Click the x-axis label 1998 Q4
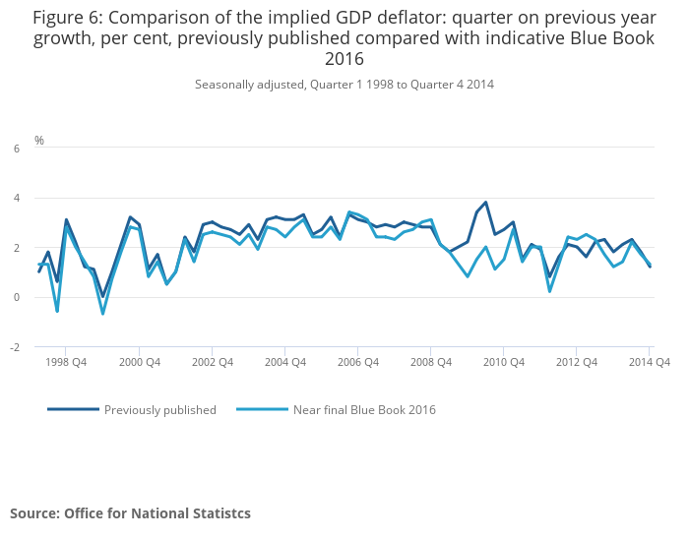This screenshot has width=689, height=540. [66, 362]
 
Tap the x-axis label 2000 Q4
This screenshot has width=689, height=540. [139, 362]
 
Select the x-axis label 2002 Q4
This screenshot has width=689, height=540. [212, 362]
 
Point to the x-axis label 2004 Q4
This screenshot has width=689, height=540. [284, 362]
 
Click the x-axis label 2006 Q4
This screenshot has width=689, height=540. [357, 362]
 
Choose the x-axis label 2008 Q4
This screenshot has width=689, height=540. [430, 362]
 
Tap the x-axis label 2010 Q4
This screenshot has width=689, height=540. [503, 362]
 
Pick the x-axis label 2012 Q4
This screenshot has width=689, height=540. [576, 362]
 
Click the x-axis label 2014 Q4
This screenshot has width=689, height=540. [650, 362]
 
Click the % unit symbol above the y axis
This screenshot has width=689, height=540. [39, 141]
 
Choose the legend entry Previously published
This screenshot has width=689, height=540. [159, 410]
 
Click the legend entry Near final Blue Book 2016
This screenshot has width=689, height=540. [364, 410]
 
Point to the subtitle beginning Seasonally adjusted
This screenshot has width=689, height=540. [344, 85]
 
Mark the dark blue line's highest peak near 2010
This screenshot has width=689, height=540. [485, 203]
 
